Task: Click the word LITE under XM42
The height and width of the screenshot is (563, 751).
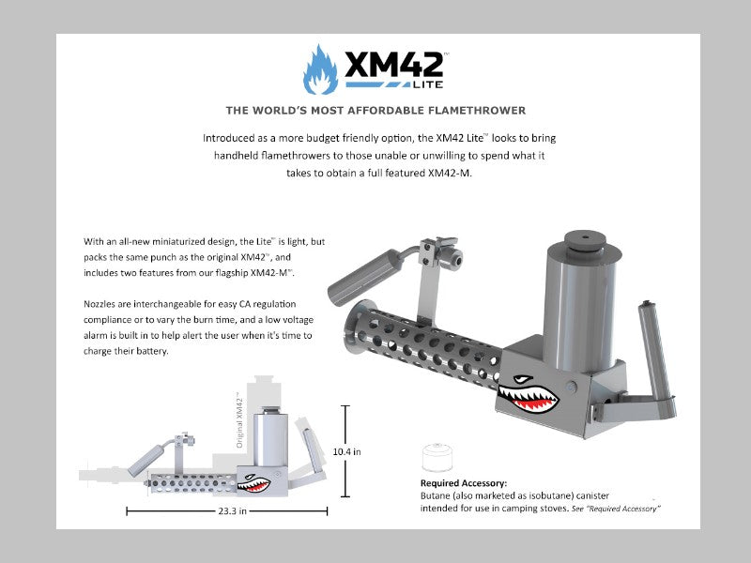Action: (x=428, y=84)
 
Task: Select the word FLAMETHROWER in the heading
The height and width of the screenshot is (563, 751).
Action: (x=477, y=111)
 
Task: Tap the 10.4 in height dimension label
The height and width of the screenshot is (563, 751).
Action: (x=346, y=451)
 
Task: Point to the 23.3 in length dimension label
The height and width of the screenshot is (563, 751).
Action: (x=232, y=511)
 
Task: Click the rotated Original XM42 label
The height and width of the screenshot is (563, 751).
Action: (x=239, y=419)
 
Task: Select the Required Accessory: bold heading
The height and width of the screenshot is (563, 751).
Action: (x=464, y=483)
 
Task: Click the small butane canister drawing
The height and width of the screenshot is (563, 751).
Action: (x=437, y=457)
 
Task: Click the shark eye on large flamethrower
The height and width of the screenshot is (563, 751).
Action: (x=523, y=380)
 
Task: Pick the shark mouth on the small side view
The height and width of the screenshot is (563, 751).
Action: (x=253, y=486)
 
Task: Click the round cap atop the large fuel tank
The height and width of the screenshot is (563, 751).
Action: (x=584, y=241)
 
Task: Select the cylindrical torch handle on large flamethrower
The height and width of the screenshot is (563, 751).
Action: (x=364, y=277)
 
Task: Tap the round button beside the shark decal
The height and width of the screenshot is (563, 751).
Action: (x=571, y=387)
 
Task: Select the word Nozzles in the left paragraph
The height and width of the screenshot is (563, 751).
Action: (x=100, y=304)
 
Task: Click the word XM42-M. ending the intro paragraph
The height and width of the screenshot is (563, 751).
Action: (x=450, y=174)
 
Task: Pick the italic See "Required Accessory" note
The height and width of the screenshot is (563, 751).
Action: (x=616, y=509)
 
